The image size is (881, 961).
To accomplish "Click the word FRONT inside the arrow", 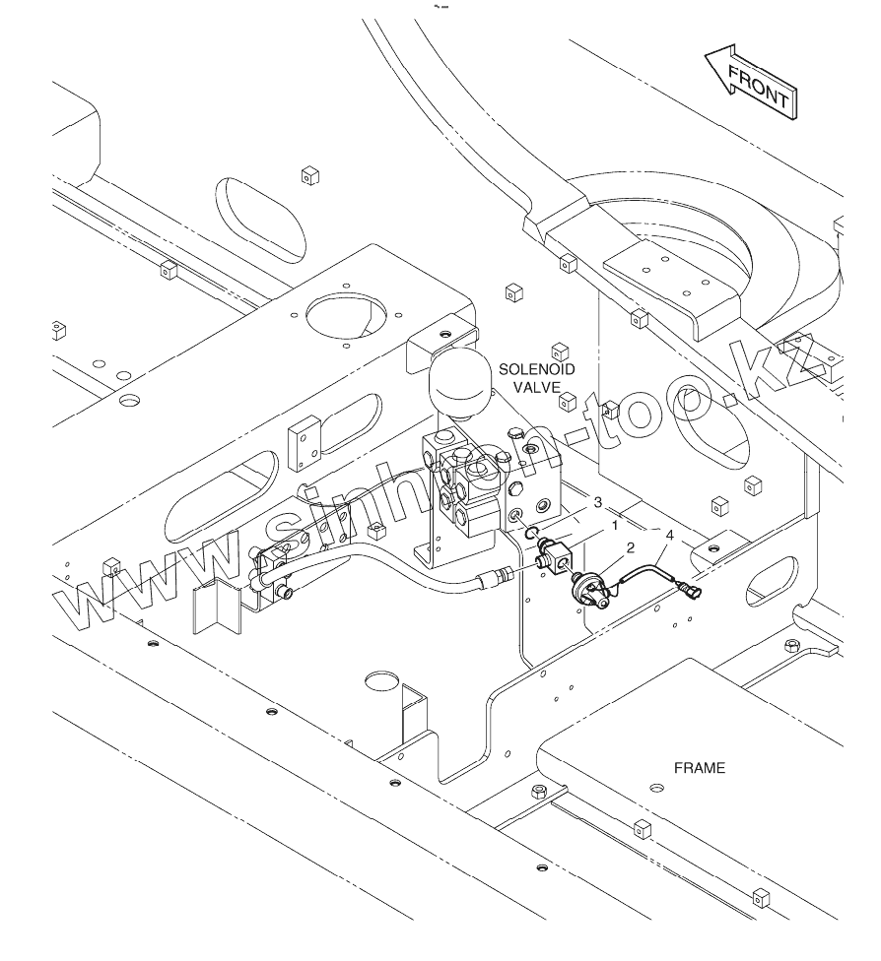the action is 758,86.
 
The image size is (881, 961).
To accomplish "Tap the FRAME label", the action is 700,768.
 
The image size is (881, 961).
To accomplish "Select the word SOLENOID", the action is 537,369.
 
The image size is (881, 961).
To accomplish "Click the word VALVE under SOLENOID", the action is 537,387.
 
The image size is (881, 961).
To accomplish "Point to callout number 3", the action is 597,502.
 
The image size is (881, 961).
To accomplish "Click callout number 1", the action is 615,525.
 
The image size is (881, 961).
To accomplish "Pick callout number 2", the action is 630,547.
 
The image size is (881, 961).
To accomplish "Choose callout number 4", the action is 669,535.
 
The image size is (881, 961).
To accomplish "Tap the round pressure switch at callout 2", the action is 587,591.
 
